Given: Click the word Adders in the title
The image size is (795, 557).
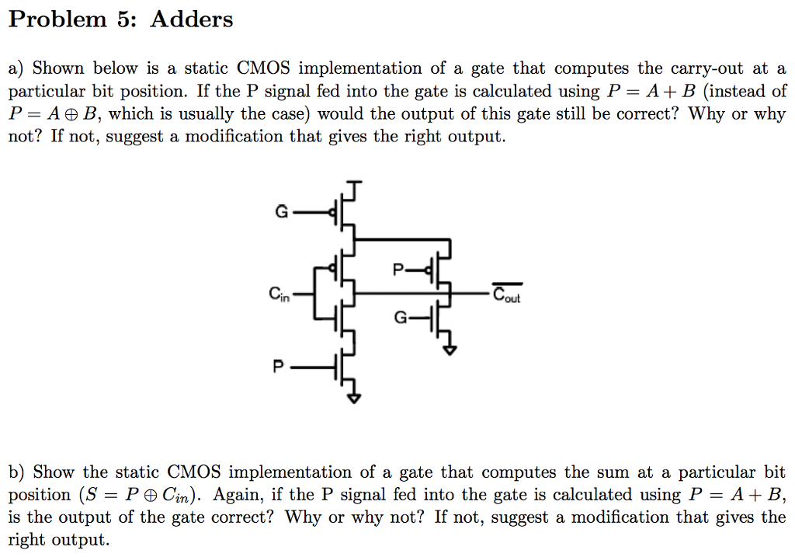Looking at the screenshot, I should tap(191, 19).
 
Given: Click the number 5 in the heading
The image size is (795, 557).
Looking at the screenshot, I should tap(127, 19).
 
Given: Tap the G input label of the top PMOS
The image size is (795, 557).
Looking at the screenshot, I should tap(281, 211).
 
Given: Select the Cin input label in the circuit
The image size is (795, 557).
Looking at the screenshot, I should tap(279, 294).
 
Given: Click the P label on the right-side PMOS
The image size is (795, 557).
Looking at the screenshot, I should tap(397, 270).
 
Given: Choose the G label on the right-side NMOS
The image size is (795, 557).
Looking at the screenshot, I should tap(400, 318).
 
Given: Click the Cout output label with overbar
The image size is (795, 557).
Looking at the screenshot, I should tap(509, 294).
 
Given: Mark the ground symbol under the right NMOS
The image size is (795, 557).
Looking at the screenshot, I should tap(450, 350).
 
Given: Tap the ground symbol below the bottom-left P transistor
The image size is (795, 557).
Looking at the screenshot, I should tap(354, 399).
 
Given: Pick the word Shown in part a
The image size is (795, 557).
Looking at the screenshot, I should tap(57, 69).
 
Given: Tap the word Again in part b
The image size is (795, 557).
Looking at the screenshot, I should tap(238, 495).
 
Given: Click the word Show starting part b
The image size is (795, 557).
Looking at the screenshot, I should tap(54, 472).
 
